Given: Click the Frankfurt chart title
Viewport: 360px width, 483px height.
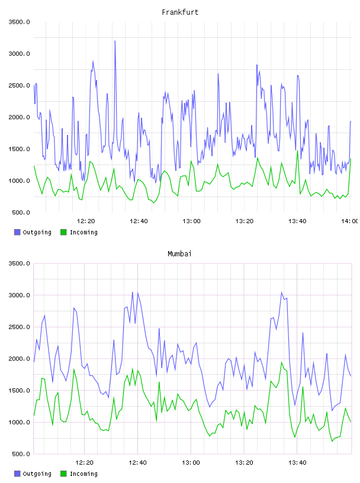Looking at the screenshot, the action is click(x=180, y=12).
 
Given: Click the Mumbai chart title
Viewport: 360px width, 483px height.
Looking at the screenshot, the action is click(x=179, y=253).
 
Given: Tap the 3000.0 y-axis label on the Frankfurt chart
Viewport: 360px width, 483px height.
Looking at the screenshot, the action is click(x=19, y=54).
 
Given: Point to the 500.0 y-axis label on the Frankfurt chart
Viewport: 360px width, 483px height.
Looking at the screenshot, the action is click(x=21, y=212).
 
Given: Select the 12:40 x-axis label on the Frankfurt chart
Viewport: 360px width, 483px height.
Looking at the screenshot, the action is click(x=139, y=221).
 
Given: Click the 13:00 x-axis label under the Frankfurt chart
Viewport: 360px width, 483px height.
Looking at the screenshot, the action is click(x=191, y=221).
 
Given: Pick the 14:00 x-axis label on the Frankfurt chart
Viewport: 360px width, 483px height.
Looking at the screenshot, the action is click(x=350, y=221).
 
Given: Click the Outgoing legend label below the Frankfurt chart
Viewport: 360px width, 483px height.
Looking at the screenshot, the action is click(x=37, y=232).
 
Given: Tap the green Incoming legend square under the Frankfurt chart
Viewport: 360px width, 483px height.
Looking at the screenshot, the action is click(x=63, y=232).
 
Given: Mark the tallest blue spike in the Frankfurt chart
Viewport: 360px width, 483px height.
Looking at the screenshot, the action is click(x=115, y=41).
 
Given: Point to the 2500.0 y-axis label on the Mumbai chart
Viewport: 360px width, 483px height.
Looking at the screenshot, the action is click(x=19, y=327).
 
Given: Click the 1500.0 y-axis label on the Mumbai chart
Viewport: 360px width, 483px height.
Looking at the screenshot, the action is click(x=19, y=390).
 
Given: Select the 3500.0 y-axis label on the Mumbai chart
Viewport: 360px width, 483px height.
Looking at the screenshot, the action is click(x=19, y=263).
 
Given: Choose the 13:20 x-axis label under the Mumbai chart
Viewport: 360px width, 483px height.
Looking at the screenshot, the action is click(x=244, y=462).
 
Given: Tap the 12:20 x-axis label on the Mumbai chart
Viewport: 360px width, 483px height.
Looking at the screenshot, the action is click(x=85, y=462).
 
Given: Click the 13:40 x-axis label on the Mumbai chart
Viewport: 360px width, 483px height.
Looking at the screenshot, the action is click(x=297, y=462).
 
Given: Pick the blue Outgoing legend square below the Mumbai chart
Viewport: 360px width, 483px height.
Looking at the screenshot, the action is click(x=17, y=474).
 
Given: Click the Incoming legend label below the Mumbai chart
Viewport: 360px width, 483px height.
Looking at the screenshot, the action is click(x=83, y=474).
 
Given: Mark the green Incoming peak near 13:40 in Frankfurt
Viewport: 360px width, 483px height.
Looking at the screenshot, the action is click(x=297, y=151).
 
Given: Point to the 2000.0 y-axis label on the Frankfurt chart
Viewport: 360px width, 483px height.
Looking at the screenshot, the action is click(x=19, y=117).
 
